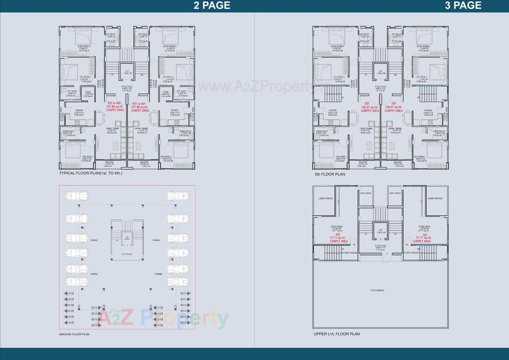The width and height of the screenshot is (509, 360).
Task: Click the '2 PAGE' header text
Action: [212, 6]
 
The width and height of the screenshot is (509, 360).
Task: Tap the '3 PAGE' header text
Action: [463, 6]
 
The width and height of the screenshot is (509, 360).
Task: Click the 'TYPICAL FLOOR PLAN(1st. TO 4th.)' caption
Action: [91, 173]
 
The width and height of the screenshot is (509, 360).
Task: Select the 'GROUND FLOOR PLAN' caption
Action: [74, 334]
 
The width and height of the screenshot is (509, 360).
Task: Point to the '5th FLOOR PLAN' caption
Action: [330, 174]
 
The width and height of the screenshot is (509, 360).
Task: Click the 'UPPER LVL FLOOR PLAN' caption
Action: [336, 334]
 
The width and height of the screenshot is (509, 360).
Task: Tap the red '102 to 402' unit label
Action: [114, 103]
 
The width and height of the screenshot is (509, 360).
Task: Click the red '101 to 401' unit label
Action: [139, 104]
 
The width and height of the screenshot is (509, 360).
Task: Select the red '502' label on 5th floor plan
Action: [367, 104]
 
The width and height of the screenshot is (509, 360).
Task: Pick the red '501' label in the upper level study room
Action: [425, 235]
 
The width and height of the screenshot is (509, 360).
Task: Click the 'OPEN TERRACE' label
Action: [378, 290]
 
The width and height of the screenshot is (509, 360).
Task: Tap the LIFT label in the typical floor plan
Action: [127, 71]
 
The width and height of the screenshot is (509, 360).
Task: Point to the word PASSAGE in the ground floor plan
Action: [127, 254]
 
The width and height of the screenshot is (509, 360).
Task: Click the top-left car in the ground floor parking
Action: [77, 196]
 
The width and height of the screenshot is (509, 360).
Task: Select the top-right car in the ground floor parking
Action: [178, 196]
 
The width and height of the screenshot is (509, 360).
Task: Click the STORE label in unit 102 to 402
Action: [88, 92]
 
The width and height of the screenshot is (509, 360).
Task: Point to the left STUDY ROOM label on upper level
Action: [336, 227]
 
